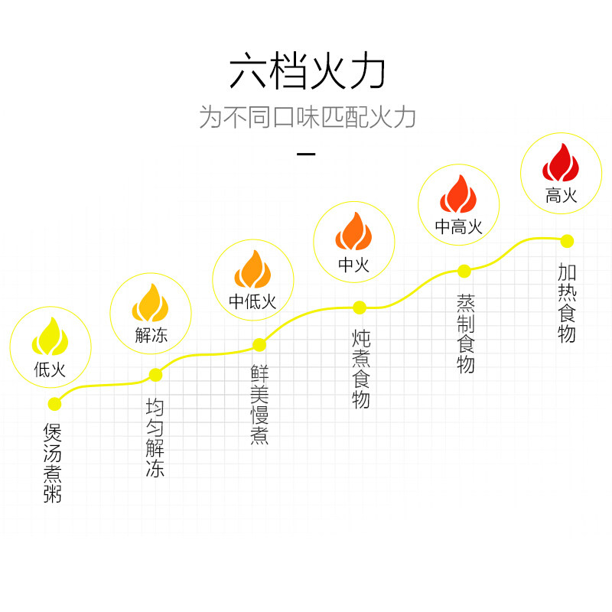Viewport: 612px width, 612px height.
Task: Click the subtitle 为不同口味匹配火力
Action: click(x=306, y=117)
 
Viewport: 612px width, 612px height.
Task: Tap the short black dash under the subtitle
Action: click(x=306, y=155)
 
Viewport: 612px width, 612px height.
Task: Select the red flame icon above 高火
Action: click(x=561, y=162)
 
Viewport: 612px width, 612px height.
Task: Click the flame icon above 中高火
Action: click(x=458, y=194)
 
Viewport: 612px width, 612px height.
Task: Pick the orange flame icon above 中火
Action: click(x=353, y=231)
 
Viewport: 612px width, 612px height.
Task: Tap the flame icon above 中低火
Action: click(x=252, y=269)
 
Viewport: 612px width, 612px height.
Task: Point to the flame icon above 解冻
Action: click(x=150, y=303)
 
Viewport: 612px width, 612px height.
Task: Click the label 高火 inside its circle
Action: click(x=561, y=196)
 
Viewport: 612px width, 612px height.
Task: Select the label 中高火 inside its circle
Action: click(x=458, y=227)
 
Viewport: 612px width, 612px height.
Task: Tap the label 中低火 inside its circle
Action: click(x=252, y=302)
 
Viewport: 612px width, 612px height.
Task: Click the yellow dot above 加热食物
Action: click(x=567, y=241)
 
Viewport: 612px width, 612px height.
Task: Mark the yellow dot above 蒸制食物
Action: click(x=464, y=270)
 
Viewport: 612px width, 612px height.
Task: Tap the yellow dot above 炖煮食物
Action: click(x=360, y=308)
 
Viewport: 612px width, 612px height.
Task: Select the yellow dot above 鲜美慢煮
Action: click(x=259, y=344)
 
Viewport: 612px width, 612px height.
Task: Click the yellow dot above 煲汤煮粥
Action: click(x=54, y=404)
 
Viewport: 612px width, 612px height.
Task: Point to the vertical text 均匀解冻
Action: click(x=155, y=438)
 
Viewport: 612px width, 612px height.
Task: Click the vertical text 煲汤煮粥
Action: click(x=53, y=464)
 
